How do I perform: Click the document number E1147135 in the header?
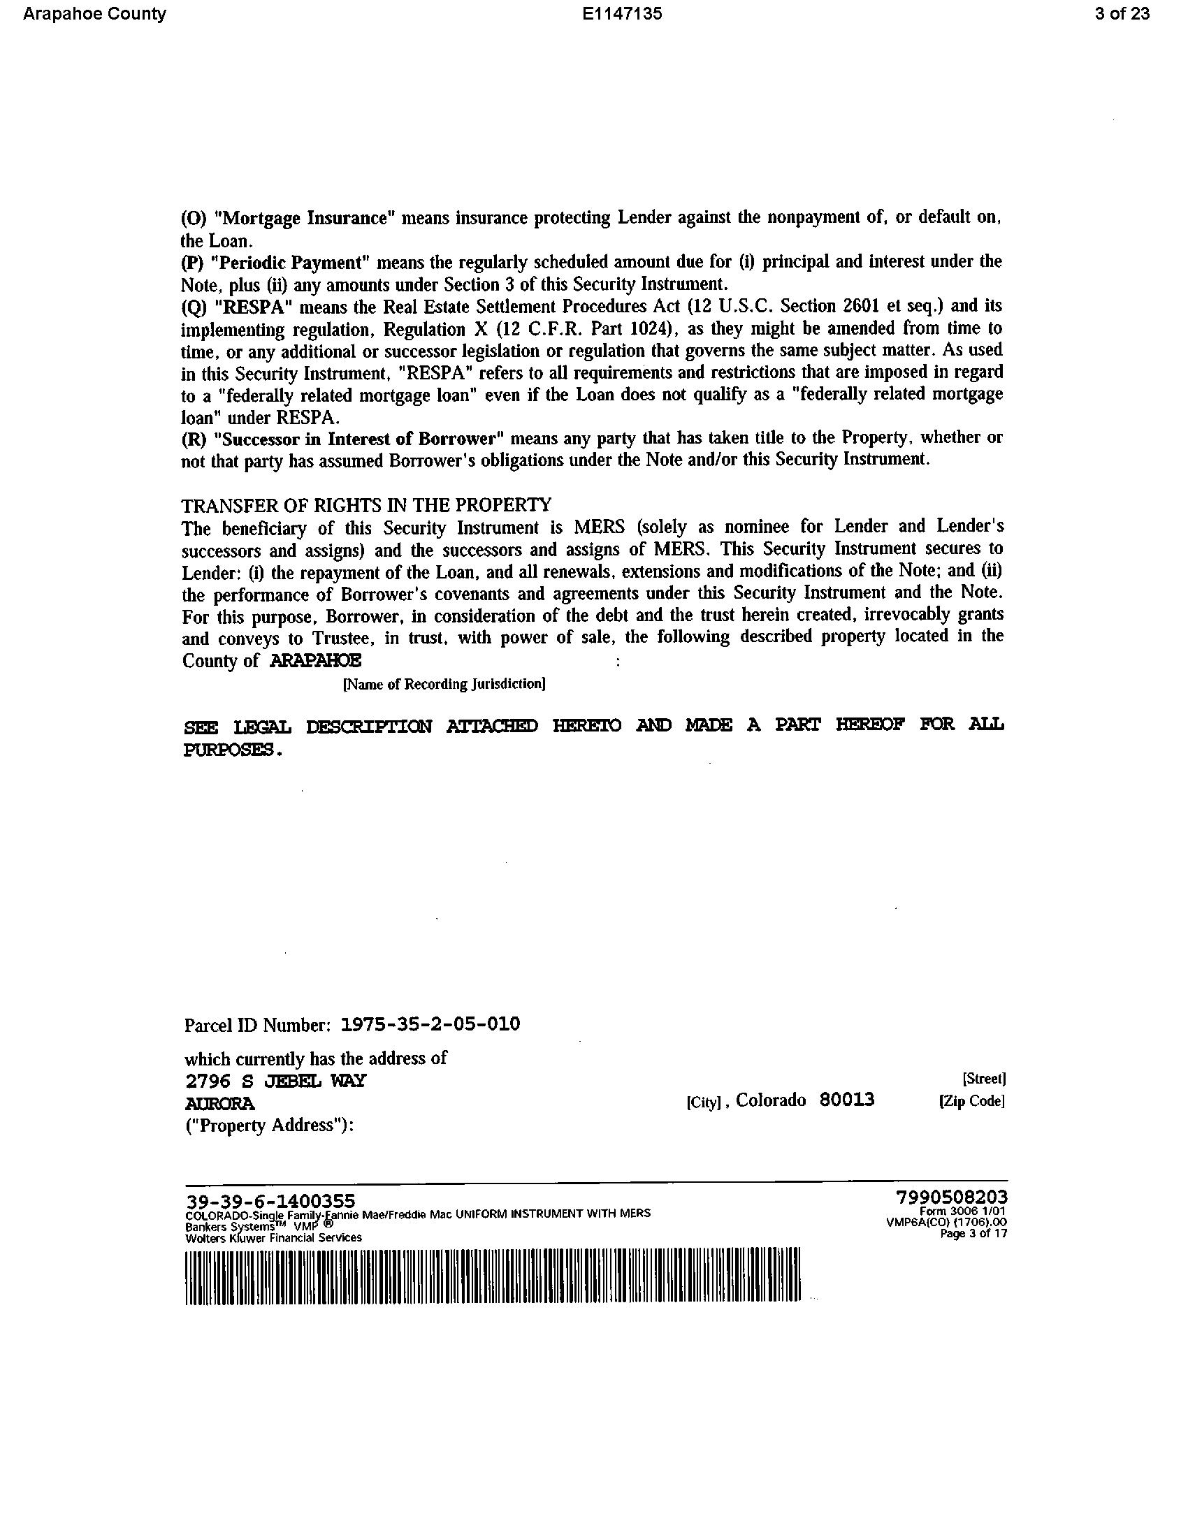[x=622, y=14]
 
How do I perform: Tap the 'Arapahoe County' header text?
[x=94, y=14]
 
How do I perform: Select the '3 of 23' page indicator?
[x=1122, y=14]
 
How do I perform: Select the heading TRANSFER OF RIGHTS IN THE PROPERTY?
[x=366, y=504]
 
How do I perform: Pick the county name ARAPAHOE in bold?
[x=316, y=660]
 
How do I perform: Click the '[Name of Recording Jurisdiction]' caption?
[x=444, y=684]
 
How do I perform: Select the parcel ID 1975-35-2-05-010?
[x=430, y=1024]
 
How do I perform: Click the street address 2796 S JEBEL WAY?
[x=275, y=1080]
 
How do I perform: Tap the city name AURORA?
[x=219, y=1102]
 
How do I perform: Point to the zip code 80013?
[x=847, y=1100]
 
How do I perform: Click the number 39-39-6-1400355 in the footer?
[x=270, y=1200]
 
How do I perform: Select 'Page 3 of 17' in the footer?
[x=975, y=1233]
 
